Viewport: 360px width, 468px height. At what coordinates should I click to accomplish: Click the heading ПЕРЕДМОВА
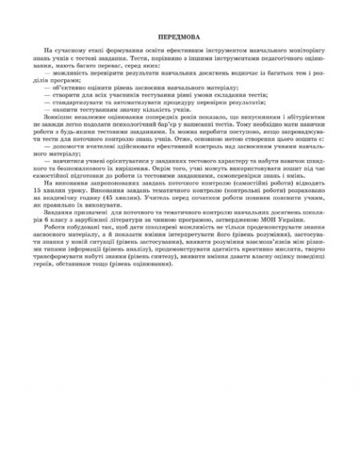(x=179, y=36)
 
